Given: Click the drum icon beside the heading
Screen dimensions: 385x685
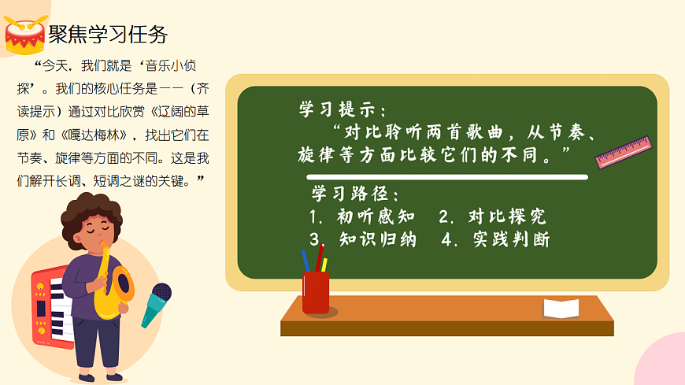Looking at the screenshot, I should click(25, 34).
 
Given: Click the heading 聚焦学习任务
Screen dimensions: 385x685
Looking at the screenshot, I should click(108, 35).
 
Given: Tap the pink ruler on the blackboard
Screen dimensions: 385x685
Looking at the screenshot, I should click(623, 152).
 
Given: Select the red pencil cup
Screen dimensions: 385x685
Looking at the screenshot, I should click(316, 291).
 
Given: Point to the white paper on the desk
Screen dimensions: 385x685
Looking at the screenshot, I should click(561, 308).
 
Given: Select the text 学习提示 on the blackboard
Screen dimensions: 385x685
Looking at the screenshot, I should click(342, 109).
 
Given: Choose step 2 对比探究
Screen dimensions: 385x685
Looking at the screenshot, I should click(492, 217).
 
